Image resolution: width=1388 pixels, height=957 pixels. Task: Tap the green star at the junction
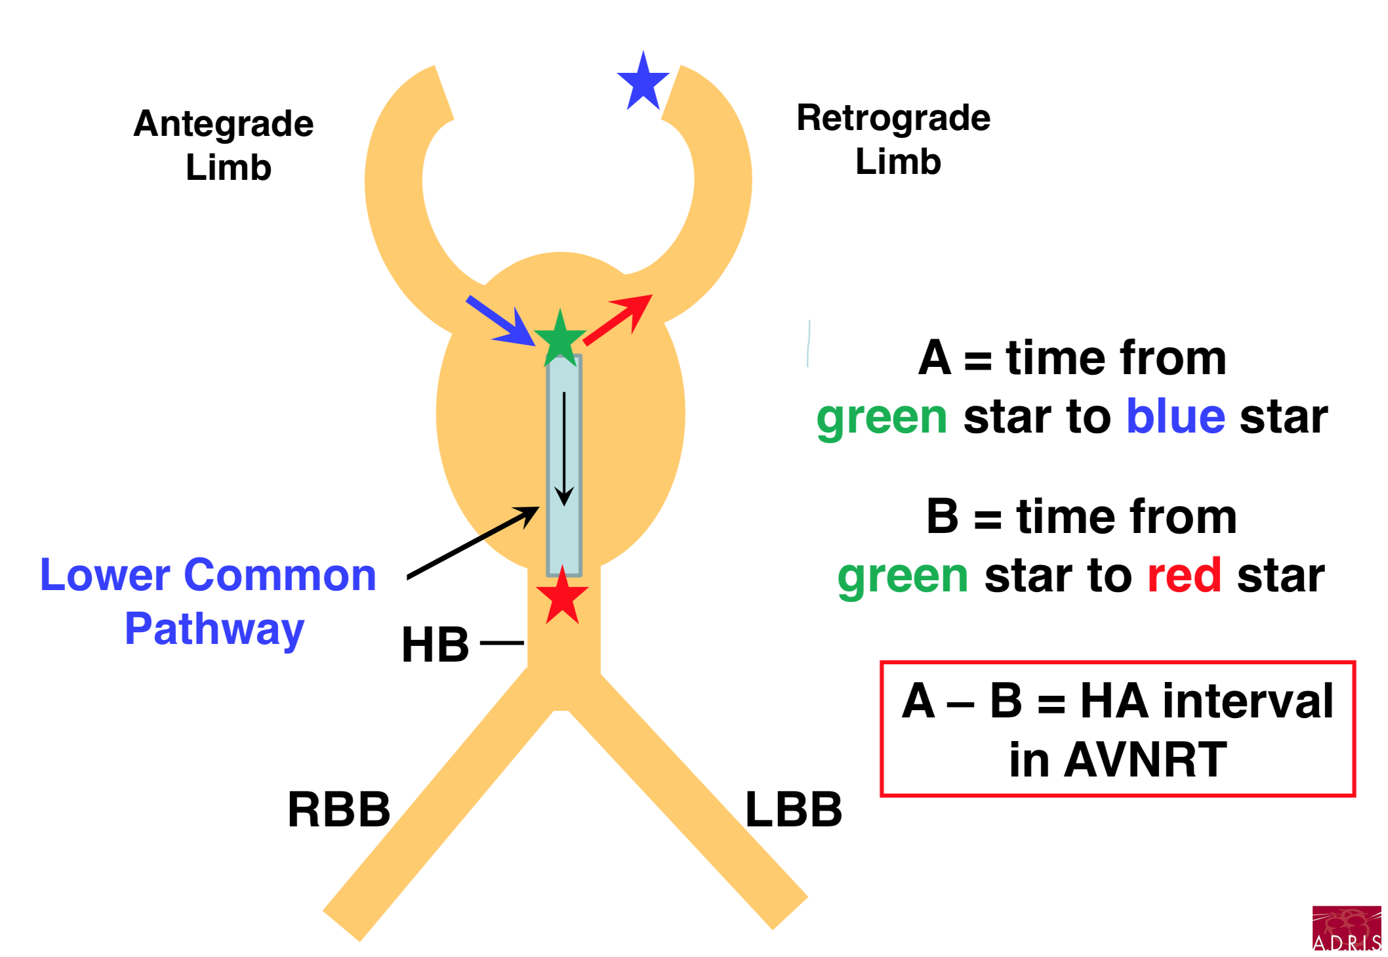click(560, 340)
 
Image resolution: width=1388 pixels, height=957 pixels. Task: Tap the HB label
click(435, 645)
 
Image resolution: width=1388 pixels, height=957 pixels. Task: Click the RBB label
click(338, 809)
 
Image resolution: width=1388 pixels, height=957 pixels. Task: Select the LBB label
click(793, 809)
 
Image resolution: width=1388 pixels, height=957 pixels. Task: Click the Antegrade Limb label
click(224, 145)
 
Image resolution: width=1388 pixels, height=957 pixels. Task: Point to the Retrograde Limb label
click(893, 139)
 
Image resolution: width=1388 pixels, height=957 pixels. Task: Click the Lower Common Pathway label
click(209, 601)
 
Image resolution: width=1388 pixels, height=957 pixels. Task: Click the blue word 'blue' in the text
click(1175, 417)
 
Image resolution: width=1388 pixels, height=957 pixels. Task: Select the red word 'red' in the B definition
click(1184, 576)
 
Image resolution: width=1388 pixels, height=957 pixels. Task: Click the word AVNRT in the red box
click(1145, 759)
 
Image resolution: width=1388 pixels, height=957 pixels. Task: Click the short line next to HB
click(502, 643)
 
